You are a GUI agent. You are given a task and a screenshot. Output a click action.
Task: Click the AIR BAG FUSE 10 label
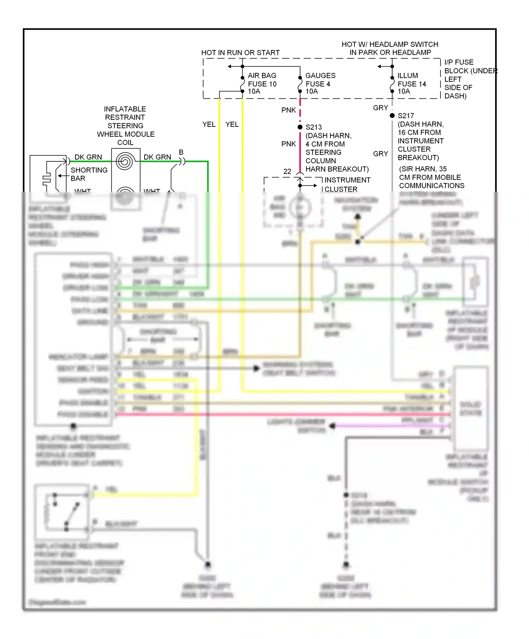point(262,83)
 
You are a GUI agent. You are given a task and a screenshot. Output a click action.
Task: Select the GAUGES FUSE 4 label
point(320,83)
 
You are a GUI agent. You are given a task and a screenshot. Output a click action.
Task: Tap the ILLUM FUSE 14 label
point(412,83)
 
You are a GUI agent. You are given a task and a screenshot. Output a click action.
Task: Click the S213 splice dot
point(300,127)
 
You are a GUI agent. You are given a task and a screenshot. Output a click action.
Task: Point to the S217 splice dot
point(392,116)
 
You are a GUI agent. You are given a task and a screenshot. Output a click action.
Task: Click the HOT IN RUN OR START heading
point(240,52)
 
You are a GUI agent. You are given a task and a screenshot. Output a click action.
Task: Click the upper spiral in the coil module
point(125,161)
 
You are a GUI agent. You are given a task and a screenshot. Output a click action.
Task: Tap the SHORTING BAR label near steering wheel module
point(89,174)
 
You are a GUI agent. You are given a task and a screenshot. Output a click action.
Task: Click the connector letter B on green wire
point(181,152)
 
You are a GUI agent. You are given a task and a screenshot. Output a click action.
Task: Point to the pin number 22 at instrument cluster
point(287,171)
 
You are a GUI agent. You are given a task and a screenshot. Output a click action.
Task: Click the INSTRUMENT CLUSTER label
point(347,184)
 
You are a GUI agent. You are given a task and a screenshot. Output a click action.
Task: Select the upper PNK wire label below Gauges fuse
point(288,110)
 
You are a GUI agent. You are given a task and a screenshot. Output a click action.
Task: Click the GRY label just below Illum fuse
point(381,108)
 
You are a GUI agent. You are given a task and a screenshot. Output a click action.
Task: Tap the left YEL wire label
point(209,124)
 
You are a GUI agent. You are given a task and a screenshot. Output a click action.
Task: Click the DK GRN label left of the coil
point(88,157)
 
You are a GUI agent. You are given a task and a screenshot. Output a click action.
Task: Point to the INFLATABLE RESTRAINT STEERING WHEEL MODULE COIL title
point(126,125)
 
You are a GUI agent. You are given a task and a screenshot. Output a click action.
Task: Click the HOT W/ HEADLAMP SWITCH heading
point(390,48)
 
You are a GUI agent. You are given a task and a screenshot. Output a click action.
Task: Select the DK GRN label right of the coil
point(157,157)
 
